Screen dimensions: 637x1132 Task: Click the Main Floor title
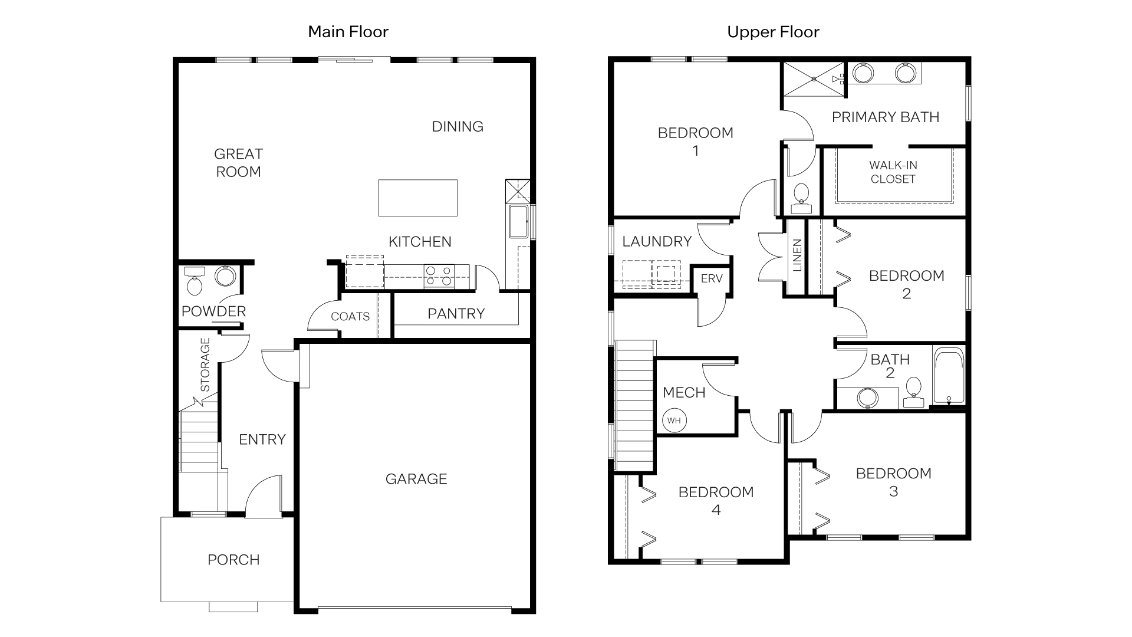pos(348,32)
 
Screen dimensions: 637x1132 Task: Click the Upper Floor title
pos(773,32)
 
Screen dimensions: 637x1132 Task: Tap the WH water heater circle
pos(674,421)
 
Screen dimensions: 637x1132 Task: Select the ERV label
pos(712,278)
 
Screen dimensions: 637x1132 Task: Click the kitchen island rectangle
pos(417,198)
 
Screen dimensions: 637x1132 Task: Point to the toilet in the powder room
pos(194,283)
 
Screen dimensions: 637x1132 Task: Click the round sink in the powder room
pos(225,276)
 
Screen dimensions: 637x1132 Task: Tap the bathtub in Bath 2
pos(949,375)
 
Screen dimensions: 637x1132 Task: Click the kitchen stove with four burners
pos(439,276)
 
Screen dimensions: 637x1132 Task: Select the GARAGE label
pos(416,479)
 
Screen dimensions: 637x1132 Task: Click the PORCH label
pos(233,560)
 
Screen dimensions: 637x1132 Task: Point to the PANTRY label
pos(456,314)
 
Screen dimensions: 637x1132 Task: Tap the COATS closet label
pos(350,317)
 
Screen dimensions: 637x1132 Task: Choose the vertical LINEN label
pos(797,255)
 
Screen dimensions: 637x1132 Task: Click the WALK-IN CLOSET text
pos(893,172)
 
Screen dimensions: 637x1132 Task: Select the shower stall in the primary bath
pos(812,78)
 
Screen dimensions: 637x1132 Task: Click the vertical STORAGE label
pos(205,365)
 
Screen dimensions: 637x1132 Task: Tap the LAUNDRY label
pos(657,241)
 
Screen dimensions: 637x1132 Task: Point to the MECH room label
pos(684,393)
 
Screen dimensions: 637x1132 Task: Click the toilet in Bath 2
pos(913,392)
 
